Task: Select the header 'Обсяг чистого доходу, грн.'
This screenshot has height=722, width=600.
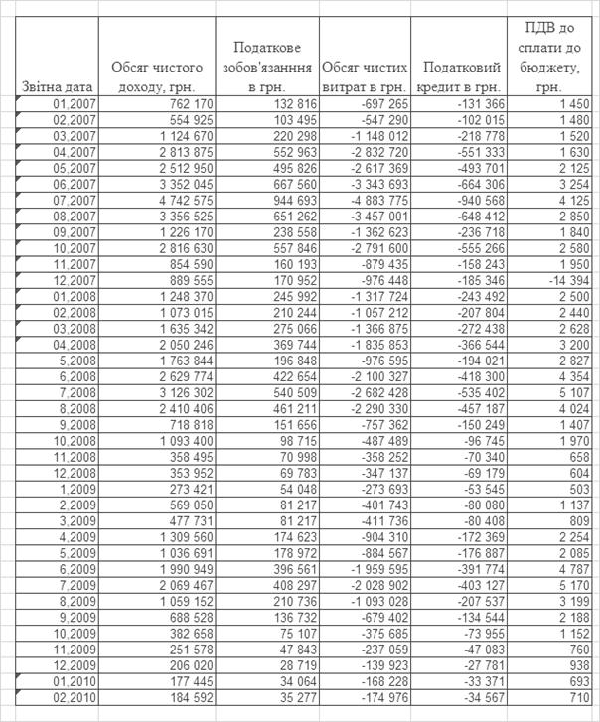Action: click(157, 77)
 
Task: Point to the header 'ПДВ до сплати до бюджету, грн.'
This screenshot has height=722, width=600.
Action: click(548, 57)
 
